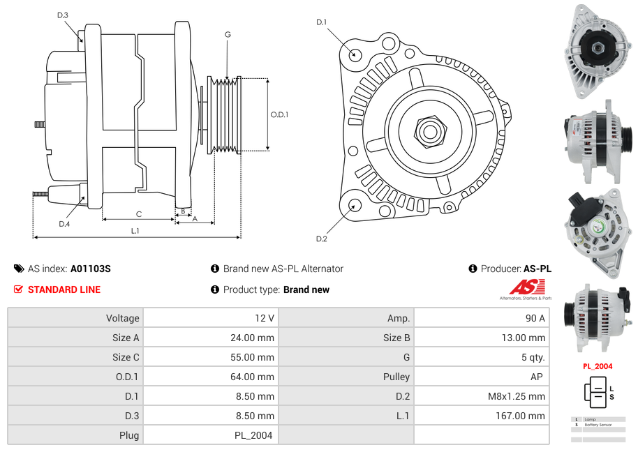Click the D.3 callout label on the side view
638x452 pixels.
(63, 15)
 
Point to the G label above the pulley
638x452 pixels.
(228, 34)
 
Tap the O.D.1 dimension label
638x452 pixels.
(279, 114)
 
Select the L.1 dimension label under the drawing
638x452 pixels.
(135, 230)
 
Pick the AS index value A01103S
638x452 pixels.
(91, 269)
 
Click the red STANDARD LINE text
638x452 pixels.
(64, 289)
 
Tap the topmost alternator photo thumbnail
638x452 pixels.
(597, 50)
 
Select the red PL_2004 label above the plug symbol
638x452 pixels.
(598, 366)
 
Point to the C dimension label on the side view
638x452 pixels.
(138, 214)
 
